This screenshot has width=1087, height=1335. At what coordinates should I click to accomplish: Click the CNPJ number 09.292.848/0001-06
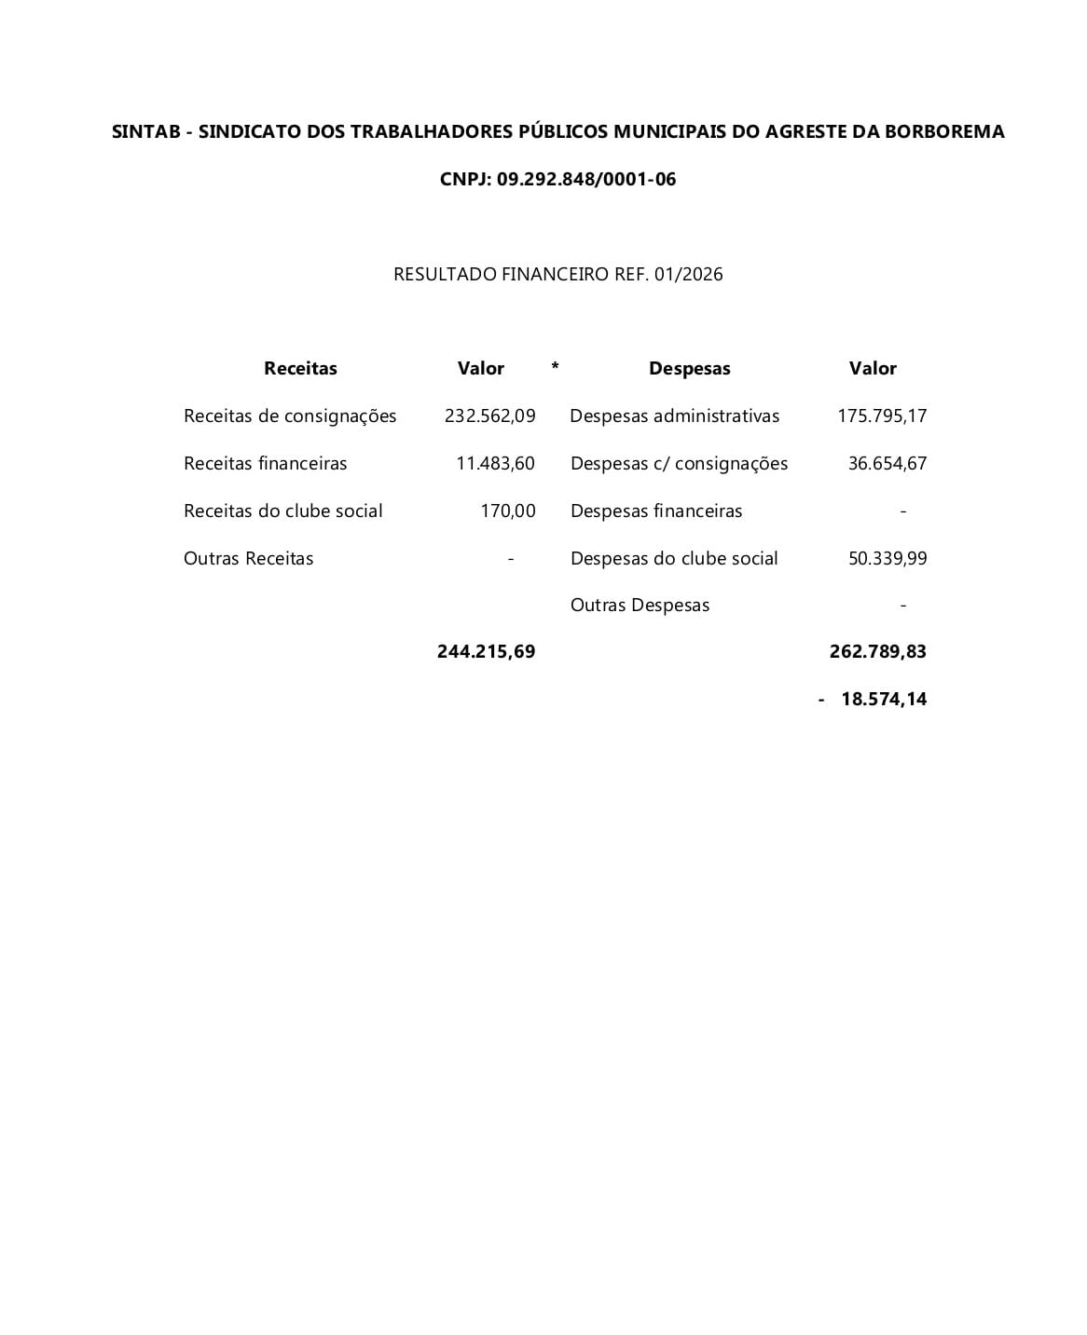click(586, 179)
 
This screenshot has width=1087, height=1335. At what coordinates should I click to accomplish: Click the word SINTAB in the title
click(145, 131)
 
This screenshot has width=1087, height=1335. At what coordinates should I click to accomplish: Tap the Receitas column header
click(300, 368)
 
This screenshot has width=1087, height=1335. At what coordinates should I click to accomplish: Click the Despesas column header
click(689, 368)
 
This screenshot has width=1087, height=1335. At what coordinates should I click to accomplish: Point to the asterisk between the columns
click(555, 366)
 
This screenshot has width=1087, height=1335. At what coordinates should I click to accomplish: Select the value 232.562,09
click(489, 415)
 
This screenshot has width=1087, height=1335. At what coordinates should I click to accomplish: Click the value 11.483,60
click(495, 463)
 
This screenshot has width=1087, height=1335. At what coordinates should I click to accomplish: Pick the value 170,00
click(507, 511)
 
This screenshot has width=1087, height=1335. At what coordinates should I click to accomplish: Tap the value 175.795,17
click(882, 415)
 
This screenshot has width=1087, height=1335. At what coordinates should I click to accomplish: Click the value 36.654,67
click(887, 463)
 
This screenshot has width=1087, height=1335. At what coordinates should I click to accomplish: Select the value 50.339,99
click(887, 558)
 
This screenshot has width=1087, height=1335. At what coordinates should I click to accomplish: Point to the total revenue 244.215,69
click(486, 651)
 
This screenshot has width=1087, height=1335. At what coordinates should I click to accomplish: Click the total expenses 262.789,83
click(877, 651)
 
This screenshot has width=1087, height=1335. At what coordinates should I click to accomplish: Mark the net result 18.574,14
click(883, 699)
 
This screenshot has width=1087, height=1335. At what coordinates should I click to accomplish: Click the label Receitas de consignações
click(290, 415)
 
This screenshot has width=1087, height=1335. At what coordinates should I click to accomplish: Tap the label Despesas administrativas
click(674, 415)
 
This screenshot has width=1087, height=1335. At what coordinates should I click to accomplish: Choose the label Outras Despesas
click(640, 605)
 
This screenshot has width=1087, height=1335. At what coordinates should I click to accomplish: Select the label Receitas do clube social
click(282, 511)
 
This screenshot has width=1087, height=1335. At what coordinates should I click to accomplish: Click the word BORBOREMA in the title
click(944, 131)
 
